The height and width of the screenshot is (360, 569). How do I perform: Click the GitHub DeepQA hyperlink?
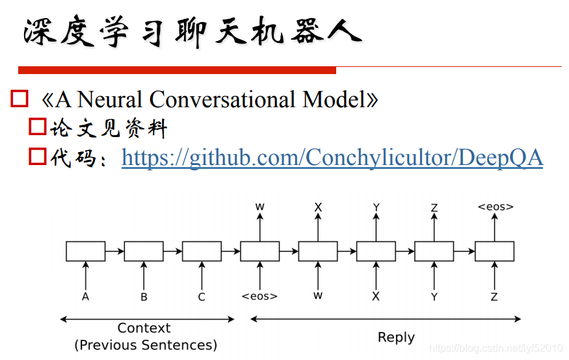click(x=332, y=157)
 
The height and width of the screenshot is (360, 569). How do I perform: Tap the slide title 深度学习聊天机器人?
click(x=192, y=32)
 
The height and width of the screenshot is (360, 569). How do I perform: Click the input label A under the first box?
click(x=85, y=297)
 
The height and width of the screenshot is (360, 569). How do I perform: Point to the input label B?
click(x=144, y=297)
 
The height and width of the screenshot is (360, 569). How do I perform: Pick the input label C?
click(x=202, y=297)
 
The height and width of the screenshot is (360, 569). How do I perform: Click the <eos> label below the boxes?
click(x=259, y=296)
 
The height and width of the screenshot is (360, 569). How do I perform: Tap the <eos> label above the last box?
click(x=495, y=207)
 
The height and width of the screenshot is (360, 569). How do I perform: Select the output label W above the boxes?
click(x=259, y=207)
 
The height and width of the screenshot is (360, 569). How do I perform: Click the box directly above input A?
click(x=85, y=251)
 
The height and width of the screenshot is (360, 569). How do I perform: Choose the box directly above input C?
click(x=202, y=251)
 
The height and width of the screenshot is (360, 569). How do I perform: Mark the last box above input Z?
click(x=494, y=251)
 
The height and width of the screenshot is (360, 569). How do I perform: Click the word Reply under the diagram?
click(x=396, y=337)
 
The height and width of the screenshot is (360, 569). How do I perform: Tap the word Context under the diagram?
click(x=144, y=328)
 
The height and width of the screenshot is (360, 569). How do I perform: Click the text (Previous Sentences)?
click(x=146, y=344)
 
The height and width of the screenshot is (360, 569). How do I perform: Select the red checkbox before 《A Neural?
click(x=20, y=99)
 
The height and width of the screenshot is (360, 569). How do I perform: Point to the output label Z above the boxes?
click(x=434, y=208)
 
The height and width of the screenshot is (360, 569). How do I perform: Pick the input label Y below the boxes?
click(x=434, y=297)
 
